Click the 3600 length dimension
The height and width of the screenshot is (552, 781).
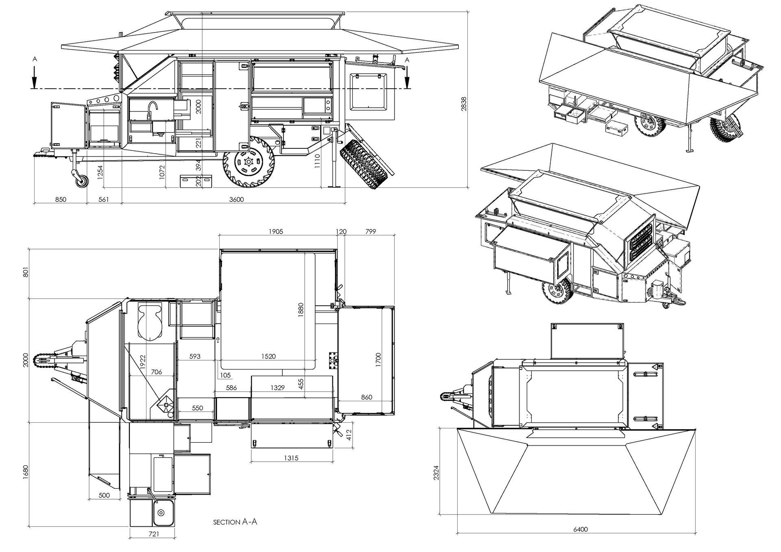click(236, 200)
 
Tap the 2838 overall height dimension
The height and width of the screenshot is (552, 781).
click(463, 103)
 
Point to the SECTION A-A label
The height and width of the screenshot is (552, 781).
click(235, 522)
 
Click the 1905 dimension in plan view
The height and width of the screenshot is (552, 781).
click(275, 232)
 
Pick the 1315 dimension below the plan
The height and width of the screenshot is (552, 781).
click(291, 458)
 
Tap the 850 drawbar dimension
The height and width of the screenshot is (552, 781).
click(60, 200)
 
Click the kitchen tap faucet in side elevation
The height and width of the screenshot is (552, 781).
click(152, 109)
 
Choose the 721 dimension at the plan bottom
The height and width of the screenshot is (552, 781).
click(154, 534)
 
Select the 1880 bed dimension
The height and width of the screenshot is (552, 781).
click(301, 311)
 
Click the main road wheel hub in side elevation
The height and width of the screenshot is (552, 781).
click(248, 161)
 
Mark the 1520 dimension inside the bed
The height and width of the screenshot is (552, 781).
click(268, 356)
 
